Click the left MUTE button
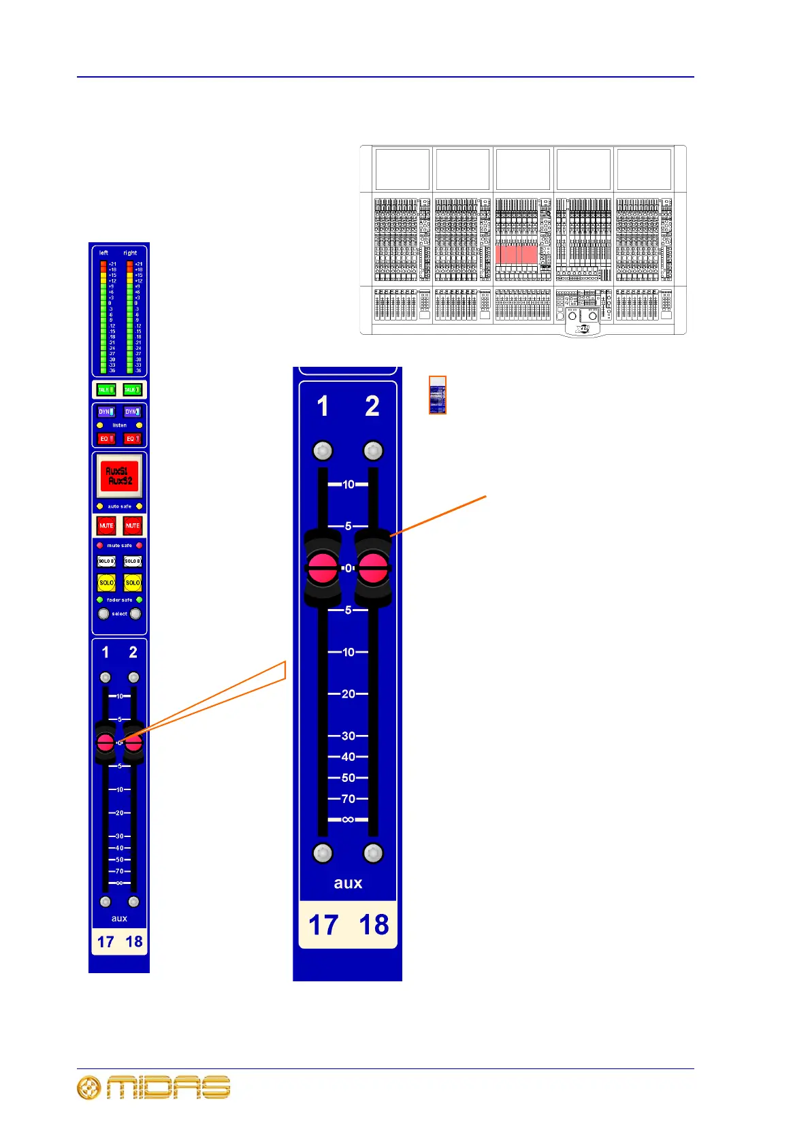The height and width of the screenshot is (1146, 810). click(106, 525)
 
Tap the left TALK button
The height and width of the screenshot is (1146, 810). click(106, 390)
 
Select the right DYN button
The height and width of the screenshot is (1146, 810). click(132, 412)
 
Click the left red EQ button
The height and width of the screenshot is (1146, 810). click(106, 439)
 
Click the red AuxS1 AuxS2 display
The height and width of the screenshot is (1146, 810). click(119, 476)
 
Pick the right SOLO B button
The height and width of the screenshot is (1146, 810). click(132, 561)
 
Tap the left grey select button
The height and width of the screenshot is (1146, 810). click(103, 614)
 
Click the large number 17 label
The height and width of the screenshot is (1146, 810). click(323, 925)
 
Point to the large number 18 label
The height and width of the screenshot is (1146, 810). click(374, 925)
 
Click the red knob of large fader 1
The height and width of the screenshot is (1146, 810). click(323, 568)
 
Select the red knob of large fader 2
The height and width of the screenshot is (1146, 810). click(373, 568)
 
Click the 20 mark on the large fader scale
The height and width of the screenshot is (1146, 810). click(348, 694)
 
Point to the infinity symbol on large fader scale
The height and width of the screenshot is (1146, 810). click(348, 819)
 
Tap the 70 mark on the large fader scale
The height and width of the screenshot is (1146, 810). click(348, 799)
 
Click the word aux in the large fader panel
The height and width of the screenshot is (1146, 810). click(348, 883)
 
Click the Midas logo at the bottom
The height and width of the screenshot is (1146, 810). click(154, 1087)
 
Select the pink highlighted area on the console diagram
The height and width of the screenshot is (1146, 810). click(517, 255)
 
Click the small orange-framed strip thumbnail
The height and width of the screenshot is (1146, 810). click(438, 395)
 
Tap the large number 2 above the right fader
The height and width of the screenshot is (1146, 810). click(372, 407)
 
